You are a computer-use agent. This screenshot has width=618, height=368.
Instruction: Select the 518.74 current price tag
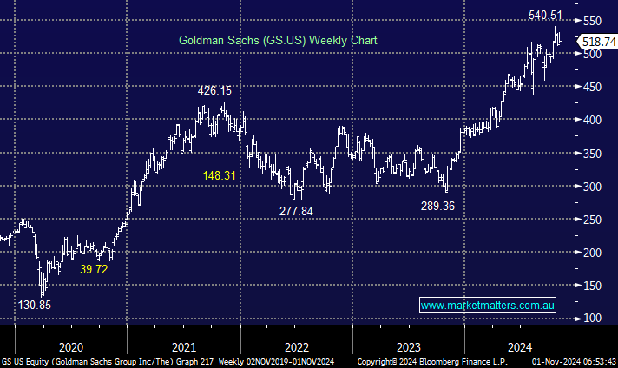597,42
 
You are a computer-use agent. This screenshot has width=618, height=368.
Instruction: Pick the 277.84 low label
299,210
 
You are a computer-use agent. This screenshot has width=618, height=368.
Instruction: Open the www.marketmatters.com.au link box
488,306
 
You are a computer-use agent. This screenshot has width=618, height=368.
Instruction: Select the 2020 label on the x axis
70,345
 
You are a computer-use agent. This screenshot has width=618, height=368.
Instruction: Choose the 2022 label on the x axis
296,345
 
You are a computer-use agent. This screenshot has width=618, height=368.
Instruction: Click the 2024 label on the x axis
521,345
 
